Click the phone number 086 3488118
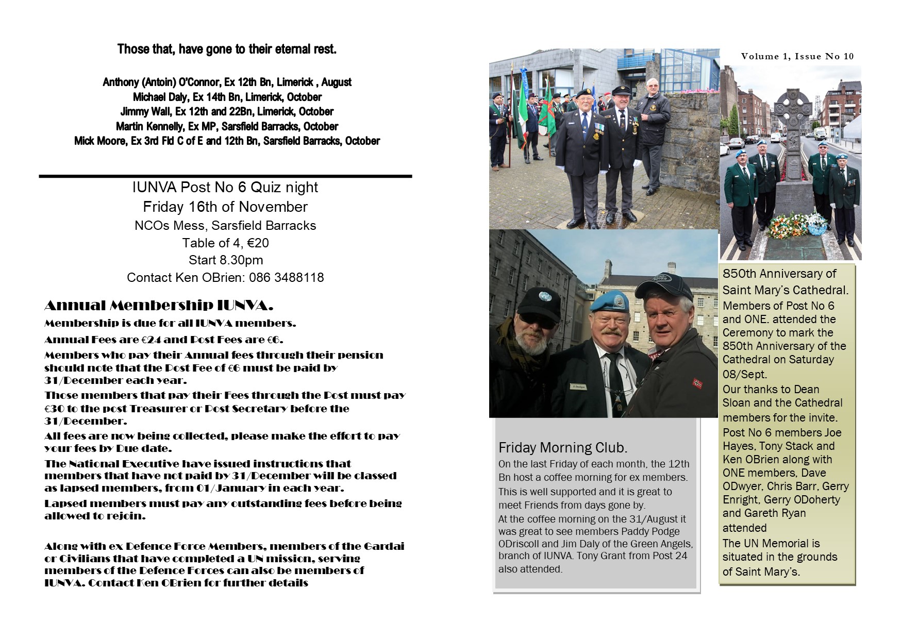(287, 278)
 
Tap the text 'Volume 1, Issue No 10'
(797, 57)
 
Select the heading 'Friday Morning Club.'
(563, 447)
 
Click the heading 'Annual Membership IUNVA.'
(159, 306)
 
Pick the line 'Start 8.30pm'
(226, 260)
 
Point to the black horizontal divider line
(225, 176)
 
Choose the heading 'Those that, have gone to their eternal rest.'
(227, 49)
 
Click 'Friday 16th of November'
(225, 207)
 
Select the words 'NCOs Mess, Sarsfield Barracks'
(225, 226)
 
